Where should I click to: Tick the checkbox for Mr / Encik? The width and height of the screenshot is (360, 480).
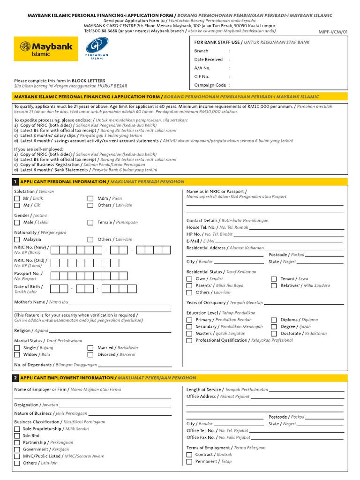(x=17, y=198)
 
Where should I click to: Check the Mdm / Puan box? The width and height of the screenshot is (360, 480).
(x=90, y=198)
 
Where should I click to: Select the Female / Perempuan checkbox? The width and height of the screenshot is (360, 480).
(x=90, y=223)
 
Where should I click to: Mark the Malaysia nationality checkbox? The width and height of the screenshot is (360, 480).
(x=17, y=240)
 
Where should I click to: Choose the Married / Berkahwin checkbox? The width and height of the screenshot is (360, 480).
(x=90, y=348)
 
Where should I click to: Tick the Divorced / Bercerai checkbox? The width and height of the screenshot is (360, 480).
(x=90, y=355)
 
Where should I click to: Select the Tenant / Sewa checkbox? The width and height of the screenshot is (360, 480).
(x=274, y=279)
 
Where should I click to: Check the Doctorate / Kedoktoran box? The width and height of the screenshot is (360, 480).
(x=274, y=334)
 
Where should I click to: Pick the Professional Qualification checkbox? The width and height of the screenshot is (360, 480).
(x=189, y=341)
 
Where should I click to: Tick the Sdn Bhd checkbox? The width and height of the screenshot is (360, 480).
(x=17, y=436)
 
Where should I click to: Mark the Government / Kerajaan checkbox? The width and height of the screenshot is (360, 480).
(x=17, y=450)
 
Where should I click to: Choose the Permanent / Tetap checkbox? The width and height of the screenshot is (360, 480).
(x=189, y=462)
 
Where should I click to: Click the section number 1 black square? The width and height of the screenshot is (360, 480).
(x=16, y=182)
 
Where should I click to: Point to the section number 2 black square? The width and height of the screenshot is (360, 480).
(x=16, y=378)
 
